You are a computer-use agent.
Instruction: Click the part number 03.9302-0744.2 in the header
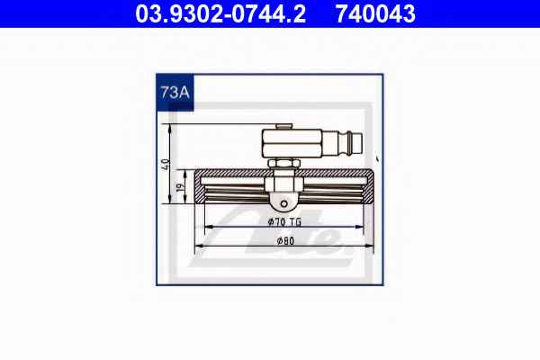(x=220, y=13)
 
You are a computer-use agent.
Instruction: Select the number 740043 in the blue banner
(x=375, y=13)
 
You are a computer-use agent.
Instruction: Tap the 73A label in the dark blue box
(x=175, y=93)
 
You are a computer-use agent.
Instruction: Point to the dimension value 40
(x=166, y=165)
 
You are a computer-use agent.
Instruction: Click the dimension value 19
(x=179, y=187)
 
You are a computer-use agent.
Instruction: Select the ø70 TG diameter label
(x=284, y=222)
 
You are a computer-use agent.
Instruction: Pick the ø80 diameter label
(x=286, y=241)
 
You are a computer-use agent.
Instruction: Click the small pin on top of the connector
(x=284, y=126)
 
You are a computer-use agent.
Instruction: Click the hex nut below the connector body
(x=284, y=163)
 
